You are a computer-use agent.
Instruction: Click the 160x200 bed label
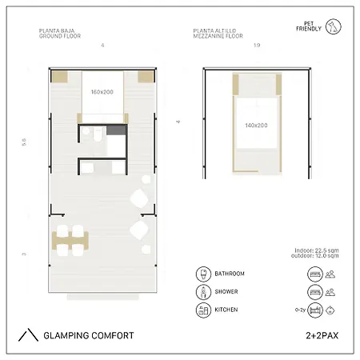click(x=102, y=92)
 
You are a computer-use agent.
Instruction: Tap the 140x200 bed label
click(x=256, y=125)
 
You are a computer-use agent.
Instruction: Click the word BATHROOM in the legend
click(x=230, y=274)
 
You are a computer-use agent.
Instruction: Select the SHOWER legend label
click(x=226, y=292)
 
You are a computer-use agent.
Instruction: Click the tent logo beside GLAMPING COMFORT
click(x=28, y=335)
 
